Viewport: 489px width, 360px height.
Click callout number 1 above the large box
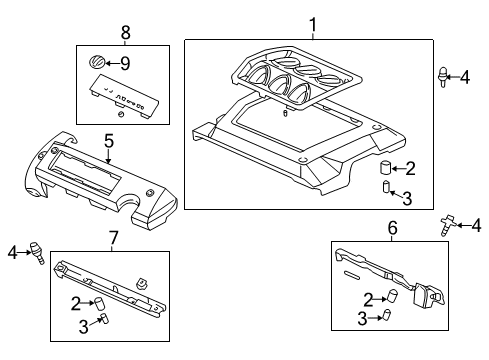coord(312,25)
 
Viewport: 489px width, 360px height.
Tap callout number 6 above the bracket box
coord(392,229)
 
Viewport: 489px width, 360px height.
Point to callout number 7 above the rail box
coord(113,237)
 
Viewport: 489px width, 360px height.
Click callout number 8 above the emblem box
coord(125,33)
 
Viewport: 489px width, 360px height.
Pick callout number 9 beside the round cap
coord(125,62)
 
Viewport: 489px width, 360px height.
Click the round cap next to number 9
coord(98,62)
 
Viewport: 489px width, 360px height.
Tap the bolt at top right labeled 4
coord(441,74)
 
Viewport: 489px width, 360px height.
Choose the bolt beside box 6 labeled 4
coord(444,225)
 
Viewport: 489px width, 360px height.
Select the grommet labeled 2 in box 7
coord(99,301)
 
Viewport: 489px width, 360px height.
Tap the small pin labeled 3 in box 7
coord(101,321)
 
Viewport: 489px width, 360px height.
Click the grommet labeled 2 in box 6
coord(392,296)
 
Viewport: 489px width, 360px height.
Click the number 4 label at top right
coord(465,74)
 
